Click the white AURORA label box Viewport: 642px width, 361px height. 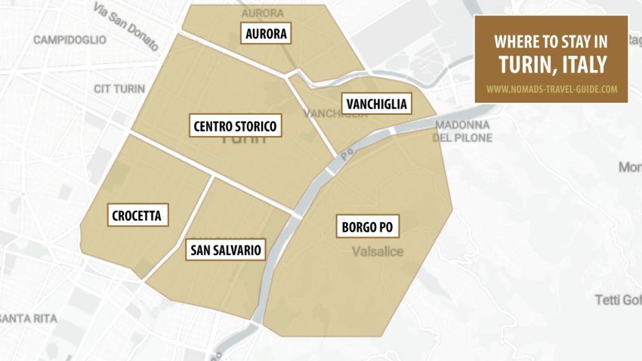(267, 33)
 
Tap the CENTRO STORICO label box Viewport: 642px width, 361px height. (235, 125)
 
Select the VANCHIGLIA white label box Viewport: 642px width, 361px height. (375, 103)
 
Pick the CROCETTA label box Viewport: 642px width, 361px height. (136, 215)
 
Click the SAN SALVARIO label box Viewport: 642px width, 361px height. (225, 249)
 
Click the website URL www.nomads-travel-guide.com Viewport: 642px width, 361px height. (551, 88)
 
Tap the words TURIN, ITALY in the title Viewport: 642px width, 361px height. (552, 65)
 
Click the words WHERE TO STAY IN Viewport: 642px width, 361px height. (551, 42)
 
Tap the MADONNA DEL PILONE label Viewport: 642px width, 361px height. (462, 131)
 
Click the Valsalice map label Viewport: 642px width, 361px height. (378, 251)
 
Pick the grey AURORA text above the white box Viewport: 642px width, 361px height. (262, 13)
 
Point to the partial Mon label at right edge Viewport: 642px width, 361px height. (629, 166)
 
